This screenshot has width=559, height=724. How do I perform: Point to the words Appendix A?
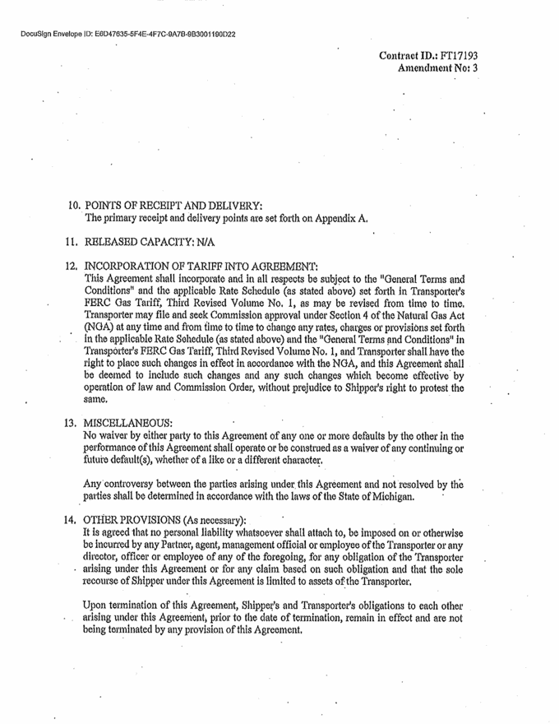coord(344,219)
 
